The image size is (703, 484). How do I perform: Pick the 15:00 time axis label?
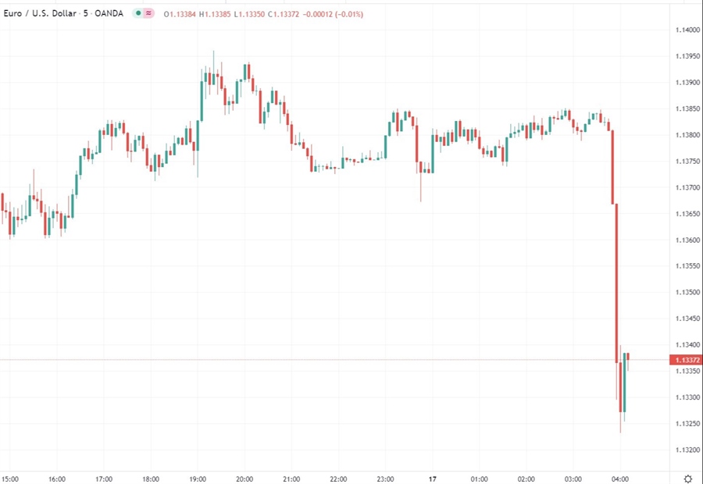(x=10, y=479)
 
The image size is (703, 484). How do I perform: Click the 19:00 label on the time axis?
(x=197, y=479)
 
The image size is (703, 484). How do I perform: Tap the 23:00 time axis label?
(x=385, y=479)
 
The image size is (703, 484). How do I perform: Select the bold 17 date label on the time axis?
(x=432, y=479)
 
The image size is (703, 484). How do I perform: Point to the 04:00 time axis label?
(x=620, y=479)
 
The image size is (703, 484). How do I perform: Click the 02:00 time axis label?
(x=526, y=479)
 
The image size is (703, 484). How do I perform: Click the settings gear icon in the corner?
(x=688, y=478)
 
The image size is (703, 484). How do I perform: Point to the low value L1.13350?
(x=252, y=14)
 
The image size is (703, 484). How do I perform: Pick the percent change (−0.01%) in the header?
(x=344, y=14)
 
